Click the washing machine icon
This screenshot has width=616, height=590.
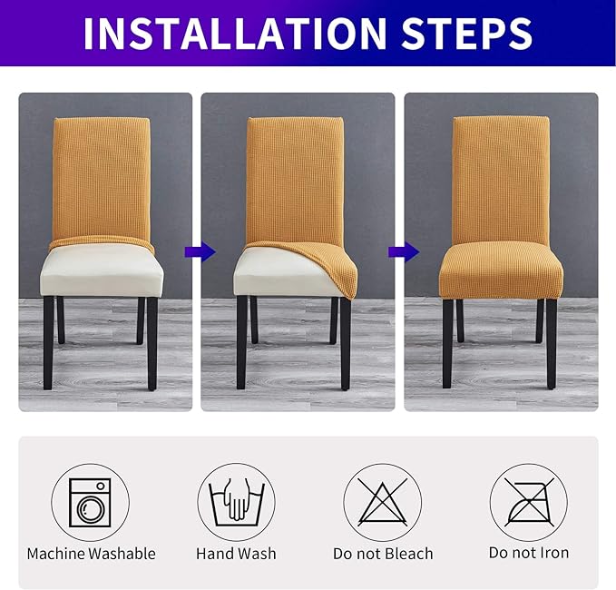pyautogui.click(x=90, y=502)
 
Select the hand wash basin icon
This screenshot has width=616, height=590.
pyautogui.click(x=236, y=502)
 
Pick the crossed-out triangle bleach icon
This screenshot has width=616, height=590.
pyautogui.click(x=382, y=502)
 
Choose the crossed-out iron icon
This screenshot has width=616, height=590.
pyautogui.click(x=528, y=502)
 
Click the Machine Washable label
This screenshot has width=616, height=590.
pyautogui.click(x=91, y=554)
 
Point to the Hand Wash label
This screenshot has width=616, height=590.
pyautogui.click(x=236, y=554)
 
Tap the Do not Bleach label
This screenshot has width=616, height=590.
pyautogui.click(x=382, y=554)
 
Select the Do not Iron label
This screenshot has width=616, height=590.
pyautogui.click(x=528, y=554)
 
